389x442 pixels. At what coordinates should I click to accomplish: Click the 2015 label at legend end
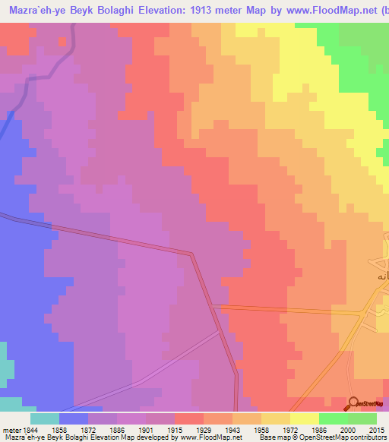[378, 430]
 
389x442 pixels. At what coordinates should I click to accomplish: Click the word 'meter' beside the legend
[10, 430]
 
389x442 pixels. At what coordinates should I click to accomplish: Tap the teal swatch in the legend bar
[44, 418]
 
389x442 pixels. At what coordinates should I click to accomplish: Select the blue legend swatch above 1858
[73, 418]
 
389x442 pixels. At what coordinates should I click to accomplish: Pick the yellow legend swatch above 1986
[304, 418]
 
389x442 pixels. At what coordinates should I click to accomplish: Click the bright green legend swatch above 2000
[333, 418]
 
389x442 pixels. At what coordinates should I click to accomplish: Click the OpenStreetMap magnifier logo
[353, 404]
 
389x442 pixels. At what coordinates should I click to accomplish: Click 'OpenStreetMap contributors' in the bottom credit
[342, 438]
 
